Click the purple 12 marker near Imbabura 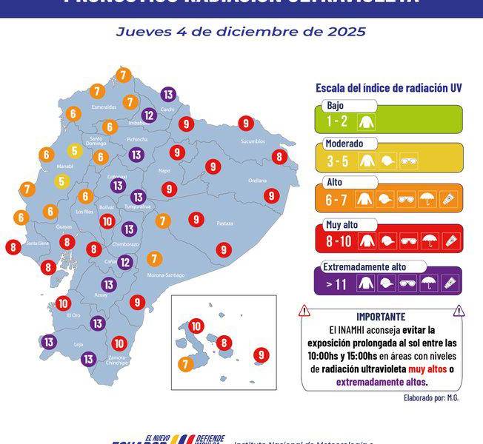(x=149, y=115)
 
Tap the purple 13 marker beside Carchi (x=168, y=94)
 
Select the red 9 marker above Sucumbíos (x=246, y=124)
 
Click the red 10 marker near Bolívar (x=107, y=221)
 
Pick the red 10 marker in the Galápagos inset (x=196, y=325)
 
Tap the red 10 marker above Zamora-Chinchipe (x=119, y=343)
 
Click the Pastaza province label (x=224, y=223)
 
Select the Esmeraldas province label (x=104, y=107)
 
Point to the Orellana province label (x=257, y=180)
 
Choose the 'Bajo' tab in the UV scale (x=336, y=105)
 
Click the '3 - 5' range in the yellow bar (x=336, y=159)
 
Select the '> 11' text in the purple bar (x=336, y=282)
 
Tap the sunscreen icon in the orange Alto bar (x=449, y=199)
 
